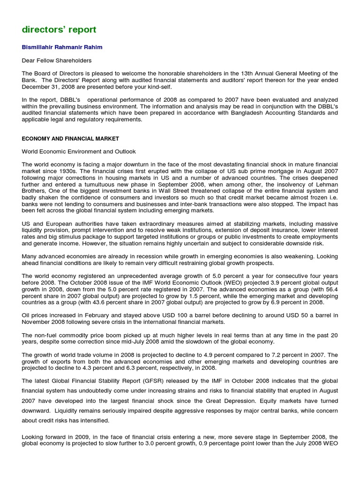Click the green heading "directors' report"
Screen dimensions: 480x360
(x=59, y=30)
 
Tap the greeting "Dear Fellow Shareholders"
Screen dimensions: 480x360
(x=57, y=60)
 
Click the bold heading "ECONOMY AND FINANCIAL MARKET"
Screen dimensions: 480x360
(x=70, y=139)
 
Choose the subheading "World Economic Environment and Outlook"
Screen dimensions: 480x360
(x=79, y=151)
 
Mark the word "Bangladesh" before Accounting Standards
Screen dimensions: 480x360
(x=262, y=113)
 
